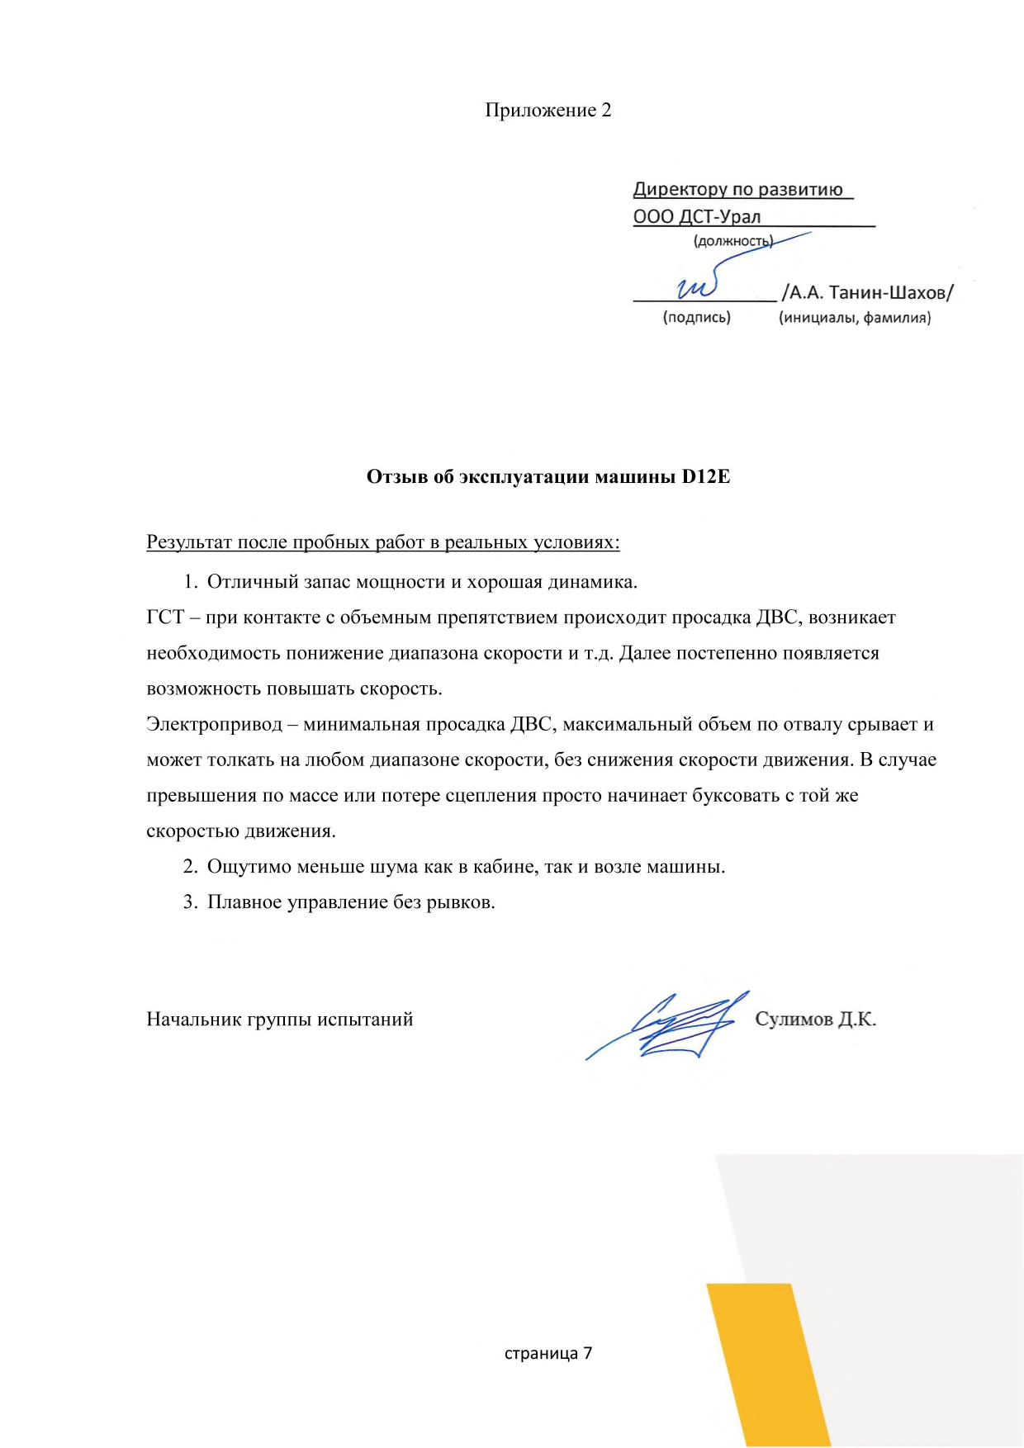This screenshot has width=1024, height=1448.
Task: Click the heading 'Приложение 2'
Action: (548, 111)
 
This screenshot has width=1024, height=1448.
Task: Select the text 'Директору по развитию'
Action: (737, 189)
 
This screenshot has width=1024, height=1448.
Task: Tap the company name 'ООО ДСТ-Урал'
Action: (696, 217)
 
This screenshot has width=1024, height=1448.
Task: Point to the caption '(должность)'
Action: (732, 241)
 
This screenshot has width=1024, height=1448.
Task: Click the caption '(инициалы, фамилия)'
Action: (854, 318)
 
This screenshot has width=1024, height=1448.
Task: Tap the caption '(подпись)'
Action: (696, 318)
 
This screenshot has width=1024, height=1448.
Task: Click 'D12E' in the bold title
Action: (705, 476)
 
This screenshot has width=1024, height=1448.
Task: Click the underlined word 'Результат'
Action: (189, 542)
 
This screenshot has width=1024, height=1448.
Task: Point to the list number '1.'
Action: (191, 582)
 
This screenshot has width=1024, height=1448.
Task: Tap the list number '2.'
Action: (191, 867)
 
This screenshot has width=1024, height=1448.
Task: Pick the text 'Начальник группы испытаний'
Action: (279, 1020)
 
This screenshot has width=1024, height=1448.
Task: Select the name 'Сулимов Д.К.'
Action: (815, 1020)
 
